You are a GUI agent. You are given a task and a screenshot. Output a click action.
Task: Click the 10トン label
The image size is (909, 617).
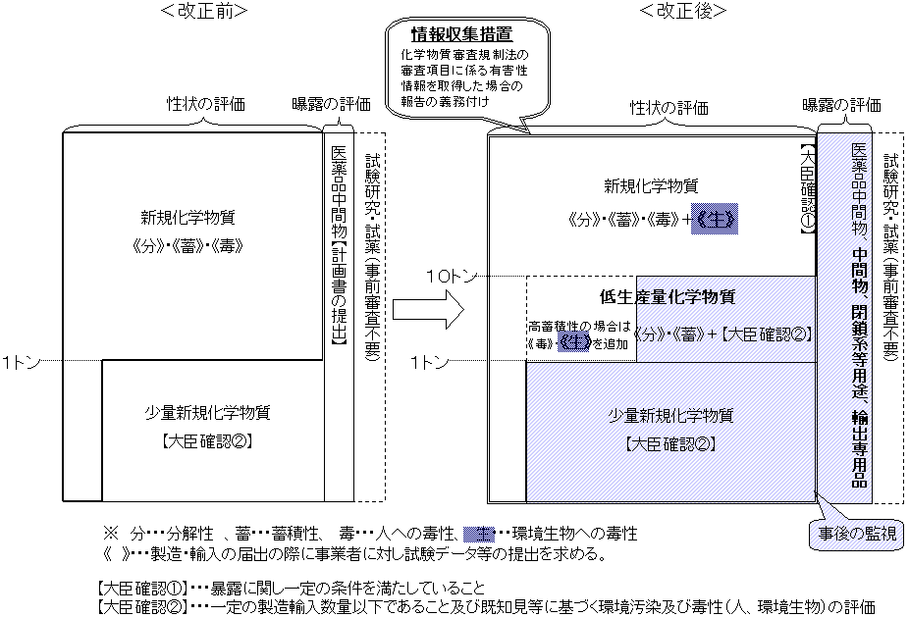(453, 277)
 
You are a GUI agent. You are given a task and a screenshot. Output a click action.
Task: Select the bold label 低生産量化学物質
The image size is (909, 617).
(668, 295)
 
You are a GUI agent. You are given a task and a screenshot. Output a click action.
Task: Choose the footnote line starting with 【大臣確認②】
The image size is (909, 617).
(486, 606)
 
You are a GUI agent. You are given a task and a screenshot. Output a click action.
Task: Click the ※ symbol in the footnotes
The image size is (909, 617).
(110, 535)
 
